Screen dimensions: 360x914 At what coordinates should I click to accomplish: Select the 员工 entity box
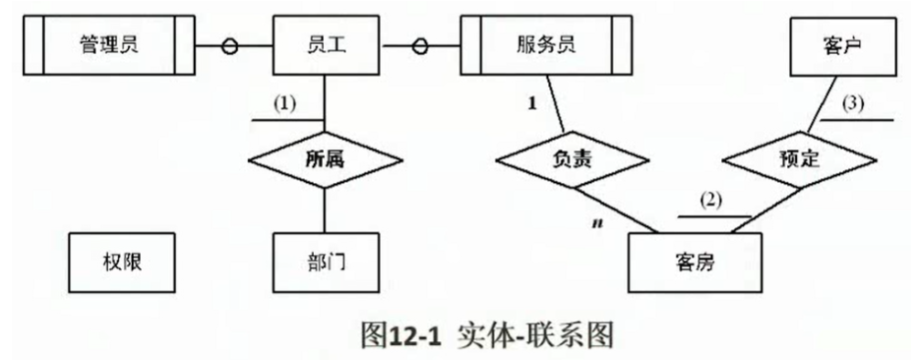coord(324,44)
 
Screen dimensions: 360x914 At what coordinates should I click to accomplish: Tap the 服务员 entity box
coord(545,44)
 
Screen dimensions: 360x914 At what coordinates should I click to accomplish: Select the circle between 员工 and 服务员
coord(420,45)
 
